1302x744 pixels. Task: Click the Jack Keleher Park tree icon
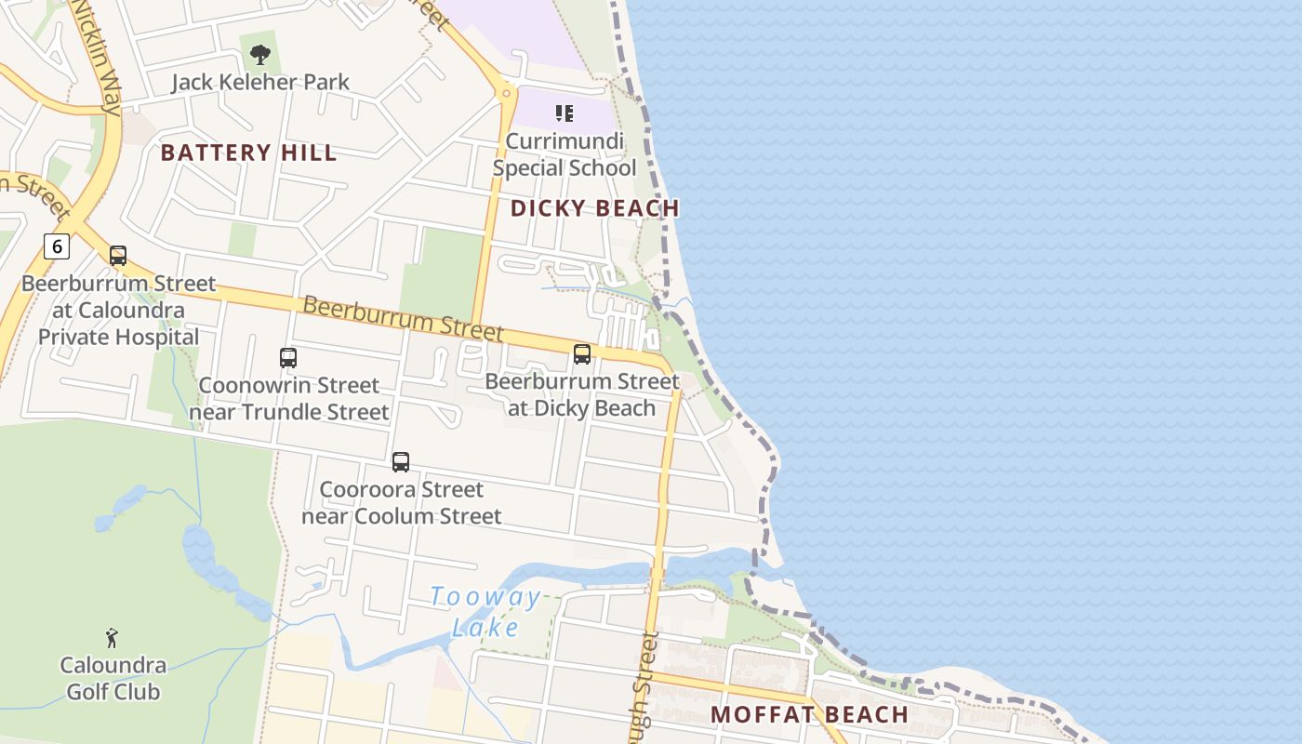(260, 53)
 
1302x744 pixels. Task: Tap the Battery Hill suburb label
(248, 153)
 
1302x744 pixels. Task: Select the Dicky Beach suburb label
(595, 208)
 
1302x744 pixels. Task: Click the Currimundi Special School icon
(564, 113)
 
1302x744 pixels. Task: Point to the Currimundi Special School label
(565, 155)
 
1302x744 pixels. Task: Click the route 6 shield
(57, 246)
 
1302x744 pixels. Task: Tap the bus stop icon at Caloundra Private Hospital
(118, 256)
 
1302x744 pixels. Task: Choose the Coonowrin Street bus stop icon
(288, 357)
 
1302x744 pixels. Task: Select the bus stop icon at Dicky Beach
(582, 353)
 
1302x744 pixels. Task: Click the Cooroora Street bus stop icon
(401, 461)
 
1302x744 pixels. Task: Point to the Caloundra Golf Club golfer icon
(113, 638)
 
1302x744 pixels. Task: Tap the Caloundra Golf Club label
(113, 679)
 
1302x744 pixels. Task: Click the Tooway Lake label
(485, 612)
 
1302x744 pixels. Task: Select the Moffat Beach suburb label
(809, 714)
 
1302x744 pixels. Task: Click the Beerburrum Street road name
(403, 318)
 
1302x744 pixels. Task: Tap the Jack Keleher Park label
(260, 82)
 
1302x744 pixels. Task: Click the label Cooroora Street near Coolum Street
(402, 502)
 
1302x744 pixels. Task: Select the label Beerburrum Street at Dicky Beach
(582, 394)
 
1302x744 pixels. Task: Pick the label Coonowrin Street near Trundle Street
(289, 398)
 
